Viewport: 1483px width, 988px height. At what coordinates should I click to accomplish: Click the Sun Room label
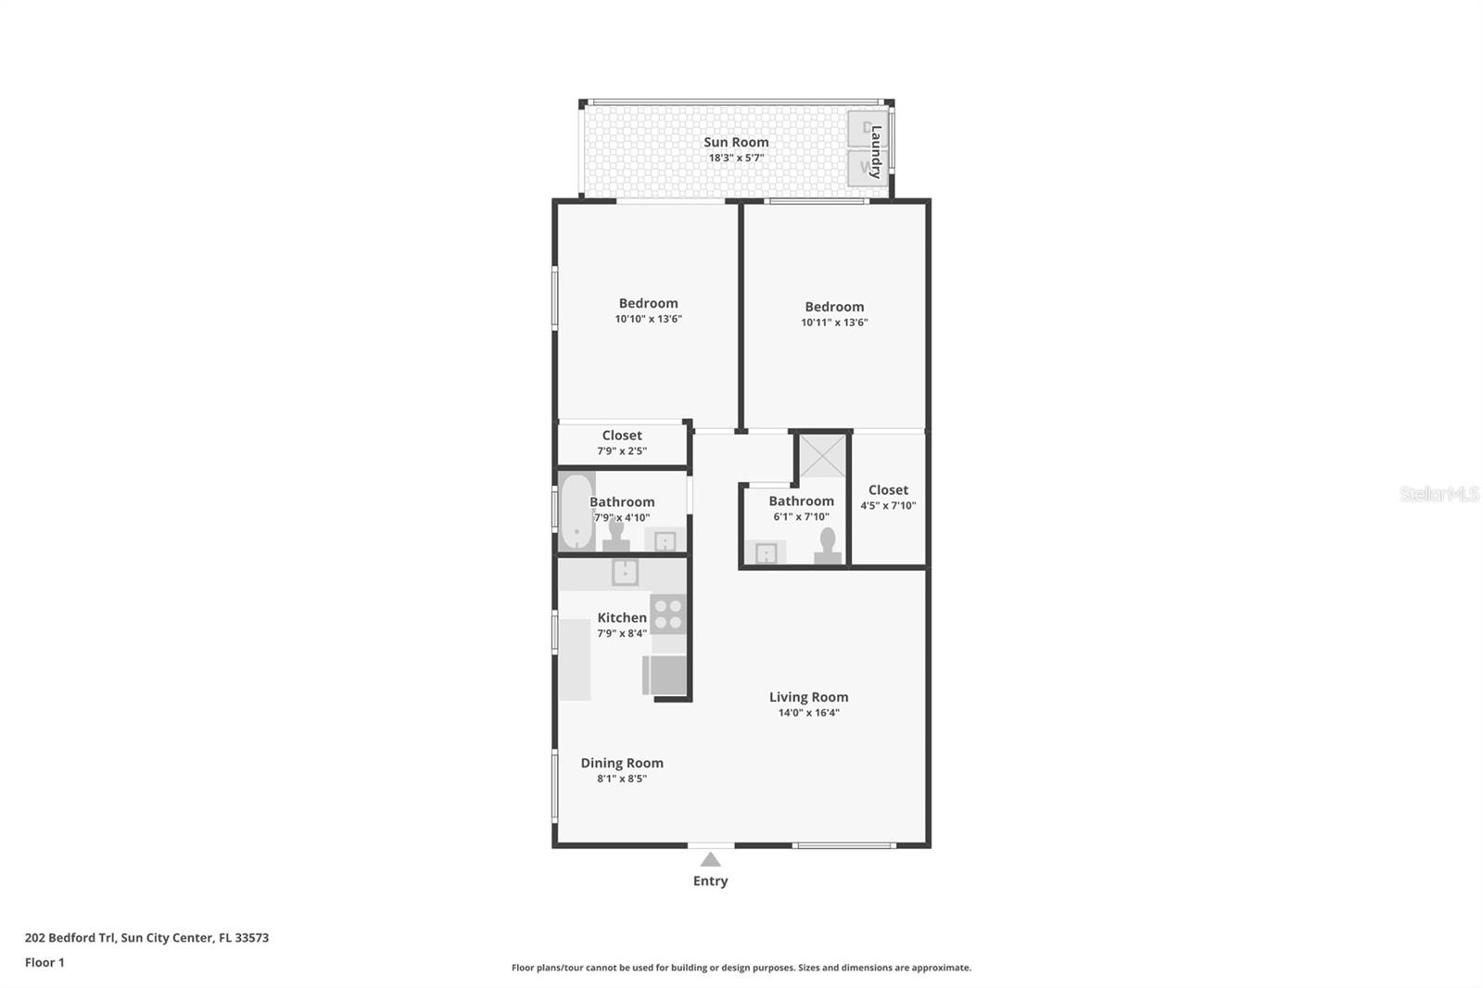[736, 142]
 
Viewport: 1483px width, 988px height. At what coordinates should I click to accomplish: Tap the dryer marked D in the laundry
[867, 129]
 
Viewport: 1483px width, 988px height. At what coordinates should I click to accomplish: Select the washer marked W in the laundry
[867, 168]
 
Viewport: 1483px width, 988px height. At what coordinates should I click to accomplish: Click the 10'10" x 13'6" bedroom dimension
[648, 319]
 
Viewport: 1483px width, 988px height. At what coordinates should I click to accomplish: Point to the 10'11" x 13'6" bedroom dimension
[834, 323]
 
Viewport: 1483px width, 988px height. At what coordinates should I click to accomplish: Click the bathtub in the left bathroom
[577, 512]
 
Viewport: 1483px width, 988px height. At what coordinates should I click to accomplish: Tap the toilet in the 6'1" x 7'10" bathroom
[828, 546]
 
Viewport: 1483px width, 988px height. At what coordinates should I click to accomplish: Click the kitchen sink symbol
[625, 572]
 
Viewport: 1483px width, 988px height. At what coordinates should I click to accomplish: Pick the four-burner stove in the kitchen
[668, 614]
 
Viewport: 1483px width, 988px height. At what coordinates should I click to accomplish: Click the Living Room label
[808, 697]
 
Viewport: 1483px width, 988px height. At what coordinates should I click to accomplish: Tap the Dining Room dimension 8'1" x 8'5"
[622, 779]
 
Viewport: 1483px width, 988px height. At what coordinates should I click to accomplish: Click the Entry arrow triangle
[710, 859]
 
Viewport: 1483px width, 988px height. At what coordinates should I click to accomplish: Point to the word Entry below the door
[710, 881]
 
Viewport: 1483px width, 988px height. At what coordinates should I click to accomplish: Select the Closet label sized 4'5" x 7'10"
[888, 490]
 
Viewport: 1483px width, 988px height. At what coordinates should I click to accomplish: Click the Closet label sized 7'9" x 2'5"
[622, 436]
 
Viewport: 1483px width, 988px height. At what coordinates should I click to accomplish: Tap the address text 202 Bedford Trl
[70, 937]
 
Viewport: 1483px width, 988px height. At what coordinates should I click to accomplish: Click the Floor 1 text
[44, 962]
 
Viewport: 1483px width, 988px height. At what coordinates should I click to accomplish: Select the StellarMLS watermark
[1439, 494]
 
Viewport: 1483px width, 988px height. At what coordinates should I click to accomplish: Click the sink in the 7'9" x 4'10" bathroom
[665, 541]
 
